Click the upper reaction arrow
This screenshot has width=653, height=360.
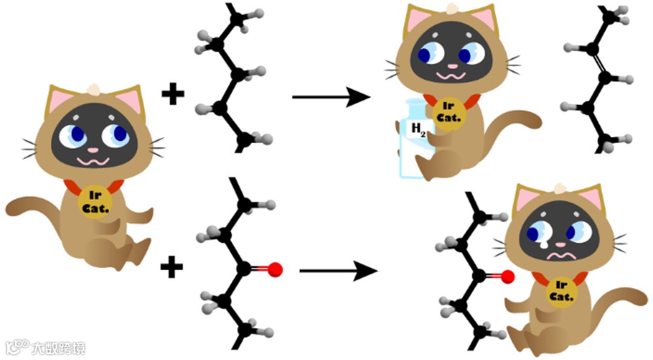pyautogui.click(x=330, y=98)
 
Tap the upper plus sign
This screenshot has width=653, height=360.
pyautogui.click(x=173, y=95)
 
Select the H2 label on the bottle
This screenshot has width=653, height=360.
pyautogui.click(x=417, y=130)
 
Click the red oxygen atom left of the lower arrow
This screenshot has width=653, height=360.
pyautogui.click(x=275, y=269)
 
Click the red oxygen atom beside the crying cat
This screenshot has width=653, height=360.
pyautogui.click(x=508, y=278)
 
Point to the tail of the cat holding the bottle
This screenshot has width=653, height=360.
pyautogui.click(x=519, y=122)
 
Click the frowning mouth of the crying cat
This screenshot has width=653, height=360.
pyautogui.click(x=560, y=254)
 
